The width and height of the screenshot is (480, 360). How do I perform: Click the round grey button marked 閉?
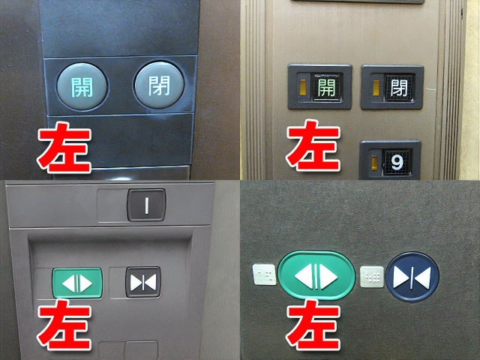coord(158,84)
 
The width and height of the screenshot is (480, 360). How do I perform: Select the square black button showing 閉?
coord(398,88)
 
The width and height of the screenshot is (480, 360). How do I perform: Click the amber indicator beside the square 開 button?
coord(302,88)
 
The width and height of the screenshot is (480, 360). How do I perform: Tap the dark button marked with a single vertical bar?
coord(147,204)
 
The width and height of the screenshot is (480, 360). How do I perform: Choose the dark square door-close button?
coord(142,282)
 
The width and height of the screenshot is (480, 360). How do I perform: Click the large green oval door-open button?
coord(316,275)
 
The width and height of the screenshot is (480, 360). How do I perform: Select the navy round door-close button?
coord(412,276)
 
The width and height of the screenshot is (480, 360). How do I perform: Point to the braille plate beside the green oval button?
coord(263,275)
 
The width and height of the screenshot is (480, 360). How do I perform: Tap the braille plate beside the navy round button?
coord(371,276)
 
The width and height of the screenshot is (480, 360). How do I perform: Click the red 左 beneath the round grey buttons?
coord(65,149)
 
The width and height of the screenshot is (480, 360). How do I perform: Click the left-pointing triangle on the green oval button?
coord(304,275)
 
